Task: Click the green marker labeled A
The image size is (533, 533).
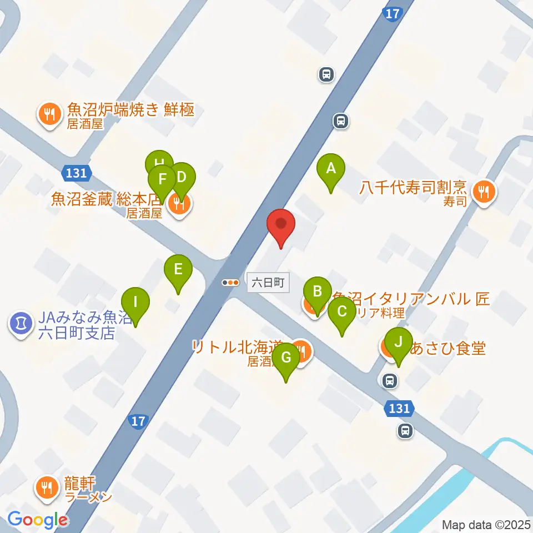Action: coord(331,168)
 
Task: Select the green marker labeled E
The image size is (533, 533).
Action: coord(178,270)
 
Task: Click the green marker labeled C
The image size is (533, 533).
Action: coord(341,311)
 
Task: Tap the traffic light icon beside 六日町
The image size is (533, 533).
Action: coord(230,283)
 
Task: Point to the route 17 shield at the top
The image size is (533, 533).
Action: coord(392,15)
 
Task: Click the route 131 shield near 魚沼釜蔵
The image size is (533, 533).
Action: coord(76,173)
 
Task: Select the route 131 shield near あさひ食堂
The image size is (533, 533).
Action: coord(399,409)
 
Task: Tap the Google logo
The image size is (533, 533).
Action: coord(38,520)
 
